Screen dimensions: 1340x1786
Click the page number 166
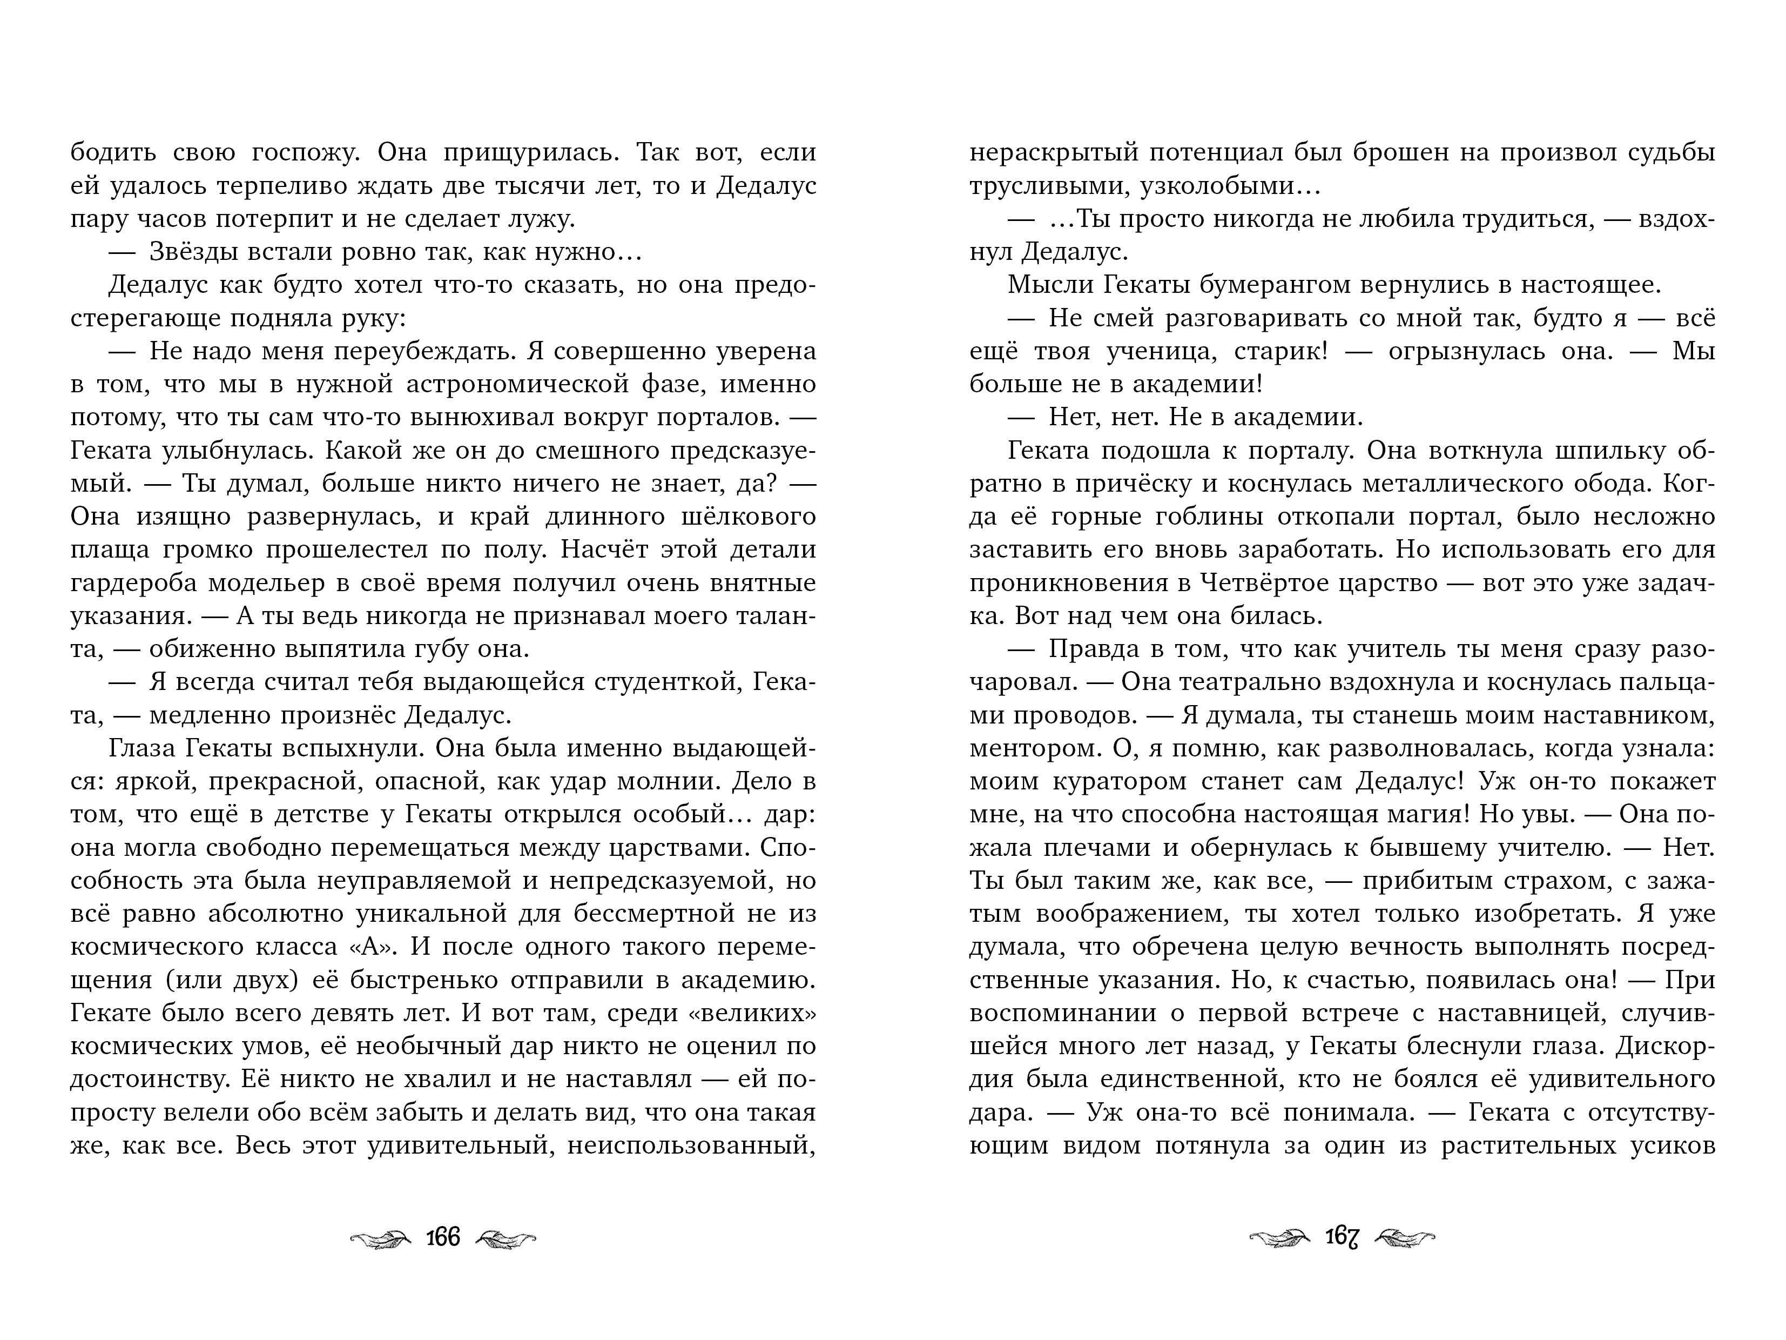[x=442, y=1237]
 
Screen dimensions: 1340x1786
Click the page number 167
[x=1342, y=1237]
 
